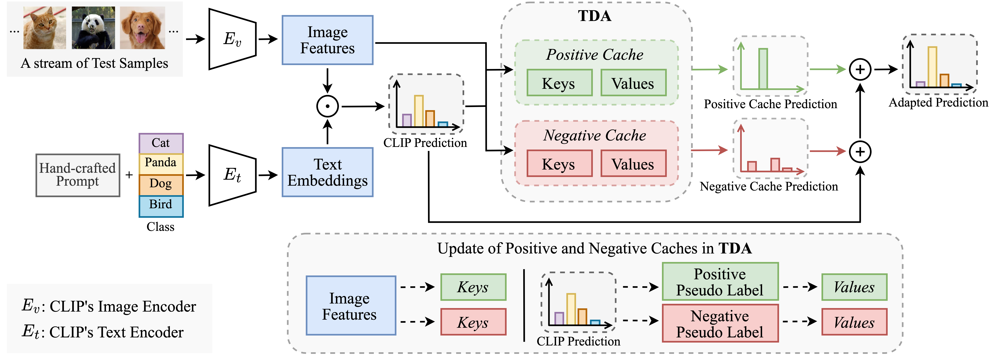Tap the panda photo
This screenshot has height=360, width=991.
93,28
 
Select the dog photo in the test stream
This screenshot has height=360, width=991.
142,28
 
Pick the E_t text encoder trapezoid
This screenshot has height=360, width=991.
232,175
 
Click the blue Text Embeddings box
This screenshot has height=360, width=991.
327,172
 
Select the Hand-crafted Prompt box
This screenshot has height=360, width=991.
78,175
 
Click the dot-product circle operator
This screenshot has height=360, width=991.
327,106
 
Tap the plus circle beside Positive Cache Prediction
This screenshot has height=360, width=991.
860,70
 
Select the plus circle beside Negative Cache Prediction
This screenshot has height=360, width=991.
860,152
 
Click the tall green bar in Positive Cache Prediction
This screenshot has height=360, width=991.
763,68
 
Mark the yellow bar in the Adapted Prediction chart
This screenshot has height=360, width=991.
932,66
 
